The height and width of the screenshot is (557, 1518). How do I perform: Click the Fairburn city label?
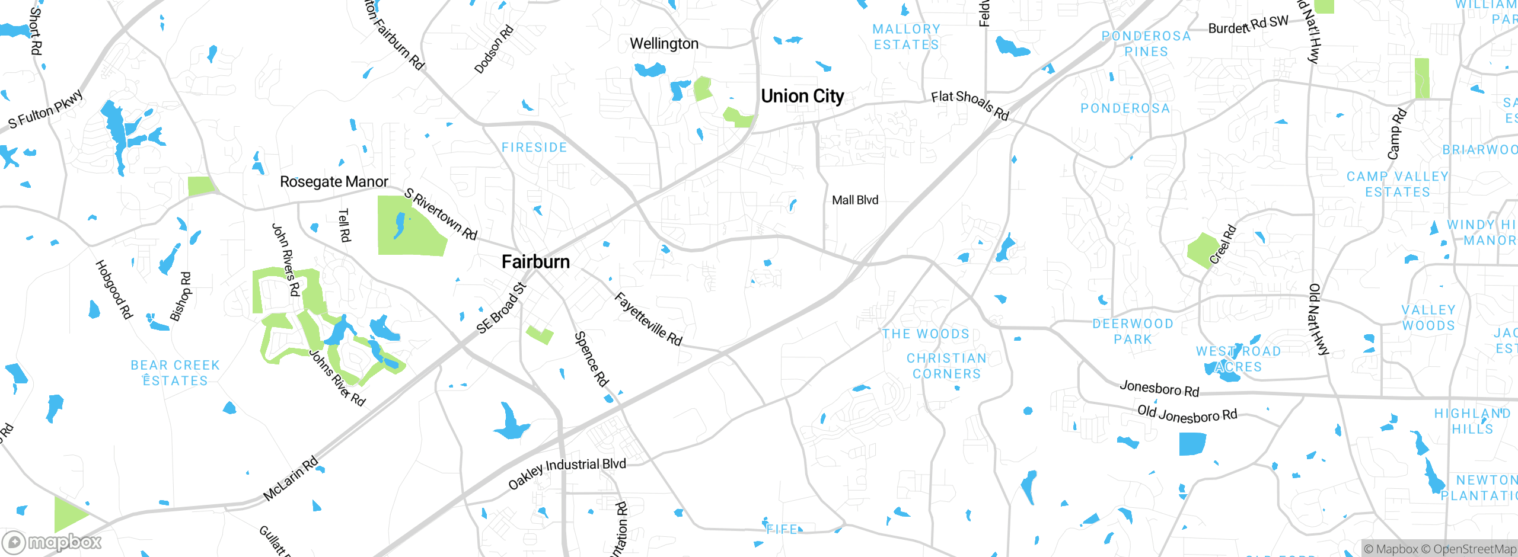point(535,262)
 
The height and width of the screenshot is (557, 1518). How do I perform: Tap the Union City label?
point(802,96)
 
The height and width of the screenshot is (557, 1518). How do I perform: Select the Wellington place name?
point(664,44)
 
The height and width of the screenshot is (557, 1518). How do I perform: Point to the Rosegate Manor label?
point(334,182)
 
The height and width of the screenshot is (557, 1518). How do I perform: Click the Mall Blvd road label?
point(854,200)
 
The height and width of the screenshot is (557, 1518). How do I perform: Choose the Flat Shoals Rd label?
point(970,104)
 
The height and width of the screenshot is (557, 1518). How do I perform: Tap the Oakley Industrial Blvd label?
point(567,472)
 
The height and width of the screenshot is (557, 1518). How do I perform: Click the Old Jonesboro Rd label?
point(1187,414)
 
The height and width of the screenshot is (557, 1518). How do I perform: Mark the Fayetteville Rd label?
point(649,319)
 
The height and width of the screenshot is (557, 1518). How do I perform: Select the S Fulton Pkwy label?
point(46,110)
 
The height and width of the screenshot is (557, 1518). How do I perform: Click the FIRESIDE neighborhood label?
point(534,148)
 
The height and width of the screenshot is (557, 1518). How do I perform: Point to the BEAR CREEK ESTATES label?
point(176,373)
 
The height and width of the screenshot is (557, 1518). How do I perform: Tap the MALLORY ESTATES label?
point(906,37)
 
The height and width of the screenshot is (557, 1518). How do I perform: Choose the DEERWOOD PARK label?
point(1133,331)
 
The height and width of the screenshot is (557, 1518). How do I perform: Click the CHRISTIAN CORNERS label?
point(946,366)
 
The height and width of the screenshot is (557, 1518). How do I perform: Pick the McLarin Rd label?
point(291,478)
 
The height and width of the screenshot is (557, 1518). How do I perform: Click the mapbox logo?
point(52,542)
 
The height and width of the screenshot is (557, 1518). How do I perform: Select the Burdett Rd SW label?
point(1248,25)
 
